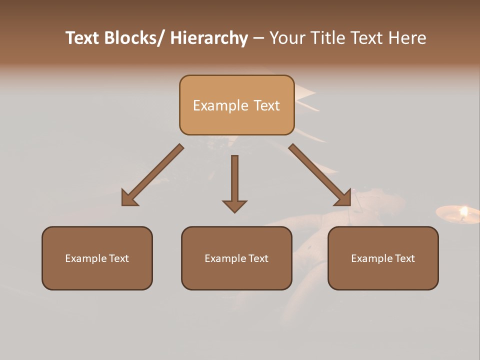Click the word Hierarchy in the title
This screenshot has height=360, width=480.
(x=209, y=38)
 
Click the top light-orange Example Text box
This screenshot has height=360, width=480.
(x=236, y=105)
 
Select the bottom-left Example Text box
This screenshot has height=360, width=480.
(x=97, y=258)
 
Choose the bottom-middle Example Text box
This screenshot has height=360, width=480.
(x=236, y=258)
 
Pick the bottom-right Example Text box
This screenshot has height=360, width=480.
(x=383, y=258)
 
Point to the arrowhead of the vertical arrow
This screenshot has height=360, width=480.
(x=234, y=205)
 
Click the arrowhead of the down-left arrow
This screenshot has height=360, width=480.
(x=129, y=199)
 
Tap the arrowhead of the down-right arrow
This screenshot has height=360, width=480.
(x=343, y=199)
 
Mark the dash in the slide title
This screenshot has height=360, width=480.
(x=258, y=38)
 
